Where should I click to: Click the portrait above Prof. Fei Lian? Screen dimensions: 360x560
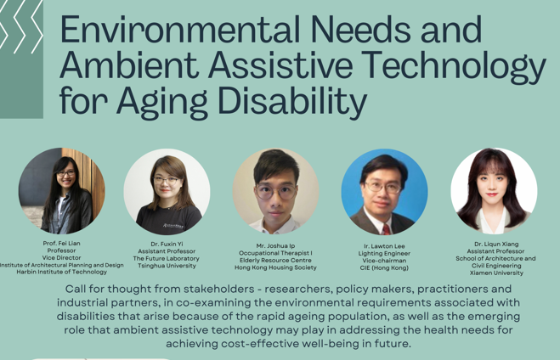point(61,191)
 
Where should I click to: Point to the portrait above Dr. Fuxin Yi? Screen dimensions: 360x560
point(167,191)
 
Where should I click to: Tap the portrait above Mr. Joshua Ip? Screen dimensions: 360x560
point(275,191)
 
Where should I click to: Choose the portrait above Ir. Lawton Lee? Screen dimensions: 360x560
point(384,191)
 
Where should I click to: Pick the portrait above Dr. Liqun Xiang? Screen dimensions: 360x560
point(494,191)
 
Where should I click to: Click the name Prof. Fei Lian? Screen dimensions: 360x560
point(61,243)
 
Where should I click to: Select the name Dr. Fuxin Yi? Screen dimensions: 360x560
point(167,244)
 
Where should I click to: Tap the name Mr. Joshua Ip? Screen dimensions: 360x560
point(275,245)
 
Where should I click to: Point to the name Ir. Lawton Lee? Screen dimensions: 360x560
point(384,245)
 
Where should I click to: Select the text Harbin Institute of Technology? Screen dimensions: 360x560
point(61,272)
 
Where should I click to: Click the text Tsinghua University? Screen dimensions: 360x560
point(167,266)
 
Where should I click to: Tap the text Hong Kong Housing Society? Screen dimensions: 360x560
point(275,267)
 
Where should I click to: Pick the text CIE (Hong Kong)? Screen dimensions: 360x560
point(384,267)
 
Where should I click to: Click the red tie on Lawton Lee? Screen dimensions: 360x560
point(387,228)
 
